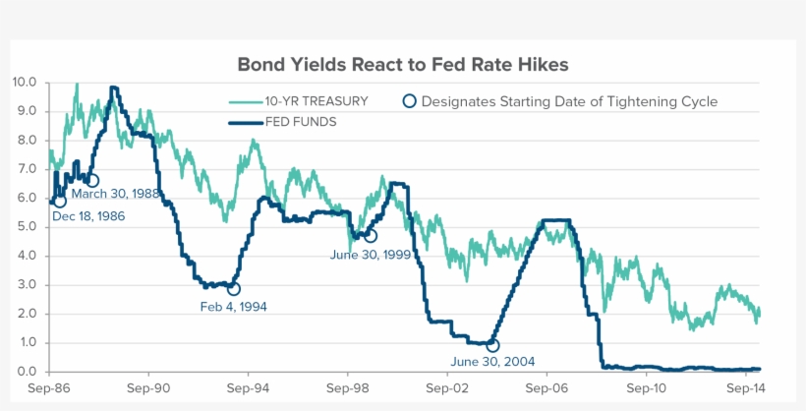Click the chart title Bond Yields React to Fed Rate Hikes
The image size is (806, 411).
(x=403, y=64)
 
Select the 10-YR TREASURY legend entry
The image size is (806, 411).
(x=317, y=101)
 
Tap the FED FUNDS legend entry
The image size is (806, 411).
(x=301, y=122)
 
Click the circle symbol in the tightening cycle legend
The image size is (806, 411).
(x=410, y=101)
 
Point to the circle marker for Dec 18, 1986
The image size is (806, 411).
(x=59, y=201)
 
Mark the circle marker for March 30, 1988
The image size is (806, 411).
(x=92, y=180)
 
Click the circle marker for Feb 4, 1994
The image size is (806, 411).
(x=233, y=289)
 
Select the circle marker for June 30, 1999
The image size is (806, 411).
(x=370, y=236)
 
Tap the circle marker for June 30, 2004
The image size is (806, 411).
(x=492, y=345)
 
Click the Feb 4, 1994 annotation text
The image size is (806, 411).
(x=233, y=307)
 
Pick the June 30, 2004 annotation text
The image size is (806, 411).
(x=492, y=362)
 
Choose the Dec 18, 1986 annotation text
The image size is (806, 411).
(x=88, y=216)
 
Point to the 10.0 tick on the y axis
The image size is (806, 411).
(x=25, y=83)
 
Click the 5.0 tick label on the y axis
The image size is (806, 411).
(x=27, y=227)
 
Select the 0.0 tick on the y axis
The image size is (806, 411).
(x=27, y=372)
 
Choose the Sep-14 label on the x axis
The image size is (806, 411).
(x=745, y=388)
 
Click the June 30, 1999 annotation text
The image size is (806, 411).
(x=370, y=254)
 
